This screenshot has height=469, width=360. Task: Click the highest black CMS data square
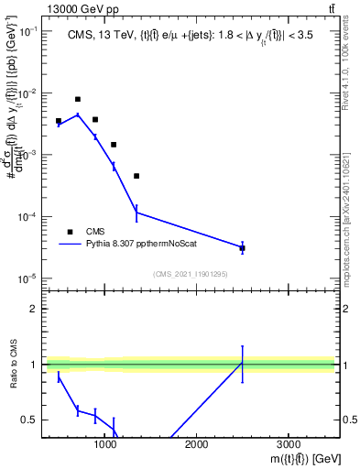point(78,99)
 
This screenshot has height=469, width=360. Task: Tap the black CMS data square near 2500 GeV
point(242,248)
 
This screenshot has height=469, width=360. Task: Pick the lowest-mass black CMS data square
point(59,121)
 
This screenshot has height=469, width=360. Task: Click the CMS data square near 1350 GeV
point(136,176)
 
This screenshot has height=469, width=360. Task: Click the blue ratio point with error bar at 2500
point(242,364)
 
